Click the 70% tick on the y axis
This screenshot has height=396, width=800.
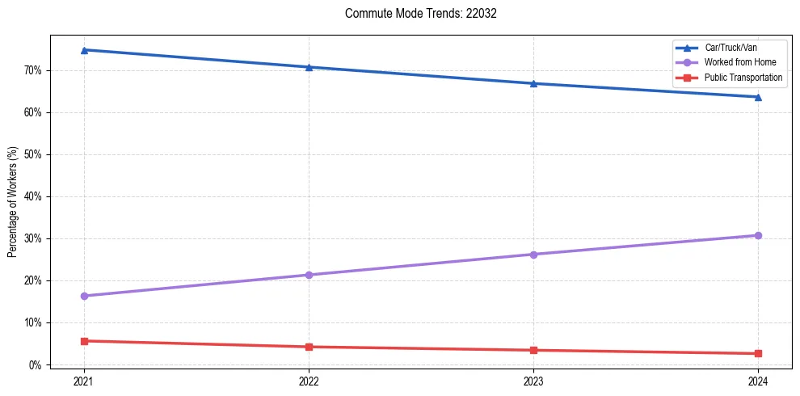pyautogui.click(x=33, y=70)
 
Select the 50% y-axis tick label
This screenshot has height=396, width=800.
pyautogui.click(x=33, y=154)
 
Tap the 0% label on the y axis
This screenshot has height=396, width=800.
pyautogui.click(x=36, y=364)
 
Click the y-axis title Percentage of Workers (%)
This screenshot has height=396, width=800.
pyautogui.click(x=13, y=201)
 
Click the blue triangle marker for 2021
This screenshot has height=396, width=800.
pyautogui.click(x=84, y=50)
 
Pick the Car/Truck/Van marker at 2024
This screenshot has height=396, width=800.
pyautogui.click(x=758, y=97)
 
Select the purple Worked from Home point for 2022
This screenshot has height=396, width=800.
pyautogui.click(x=309, y=275)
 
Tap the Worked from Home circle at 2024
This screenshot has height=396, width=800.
pyautogui.click(x=758, y=235)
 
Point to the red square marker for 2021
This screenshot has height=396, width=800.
pyautogui.click(x=84, y=341)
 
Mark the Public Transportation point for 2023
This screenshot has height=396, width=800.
pyautogui.click(x=533, y=350)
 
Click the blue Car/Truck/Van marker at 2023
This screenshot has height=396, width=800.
pyautogui.click(x=533, y=83)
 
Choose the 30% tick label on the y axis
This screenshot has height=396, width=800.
pyautogui.click(x=33, y=238)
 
